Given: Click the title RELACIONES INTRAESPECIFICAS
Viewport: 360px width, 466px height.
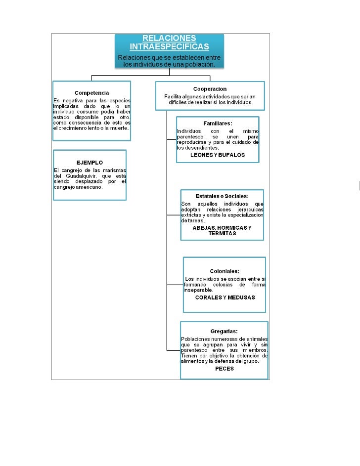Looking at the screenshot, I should pyautogui.click(x=169, y=42).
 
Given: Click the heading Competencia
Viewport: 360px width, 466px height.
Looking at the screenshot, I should pyautogui.click(x=91, y=93).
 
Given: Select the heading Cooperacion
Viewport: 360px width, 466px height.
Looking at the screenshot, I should pyautogui.click(x=210, y=89).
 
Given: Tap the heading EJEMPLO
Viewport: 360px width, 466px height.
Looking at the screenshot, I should pyautogui.click(x=90, y=162).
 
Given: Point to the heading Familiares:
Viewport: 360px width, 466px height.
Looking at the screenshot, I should pyautogui.click(x=218, y=123).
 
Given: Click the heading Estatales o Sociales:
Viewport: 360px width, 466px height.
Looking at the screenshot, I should pyautogui.click(x=222, y=196).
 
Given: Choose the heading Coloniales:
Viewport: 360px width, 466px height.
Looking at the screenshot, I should pyautogui.click(x=225, y=271).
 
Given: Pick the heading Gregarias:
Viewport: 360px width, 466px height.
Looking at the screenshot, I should pyautogui.click(x=224, y=331).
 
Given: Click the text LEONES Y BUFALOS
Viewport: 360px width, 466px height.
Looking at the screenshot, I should pyautogui.click(x=218, y=155).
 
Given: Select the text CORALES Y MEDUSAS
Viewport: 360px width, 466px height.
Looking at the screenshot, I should pyautogui.click(x=225, y=297).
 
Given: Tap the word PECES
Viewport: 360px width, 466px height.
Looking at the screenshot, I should pyautogui.click(x=225, y=369).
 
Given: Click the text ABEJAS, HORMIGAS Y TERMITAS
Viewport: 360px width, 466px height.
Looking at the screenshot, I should pyautogui.click(x=222, y=230).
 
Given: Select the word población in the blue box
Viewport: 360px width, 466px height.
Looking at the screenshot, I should pyautogui.click(x=199, y=65).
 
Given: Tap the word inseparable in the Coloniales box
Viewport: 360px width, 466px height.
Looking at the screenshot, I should pyautogui.click(x=198, y=290).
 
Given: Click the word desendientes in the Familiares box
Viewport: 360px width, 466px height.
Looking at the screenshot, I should pyautogui.click(x=201, y=147).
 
